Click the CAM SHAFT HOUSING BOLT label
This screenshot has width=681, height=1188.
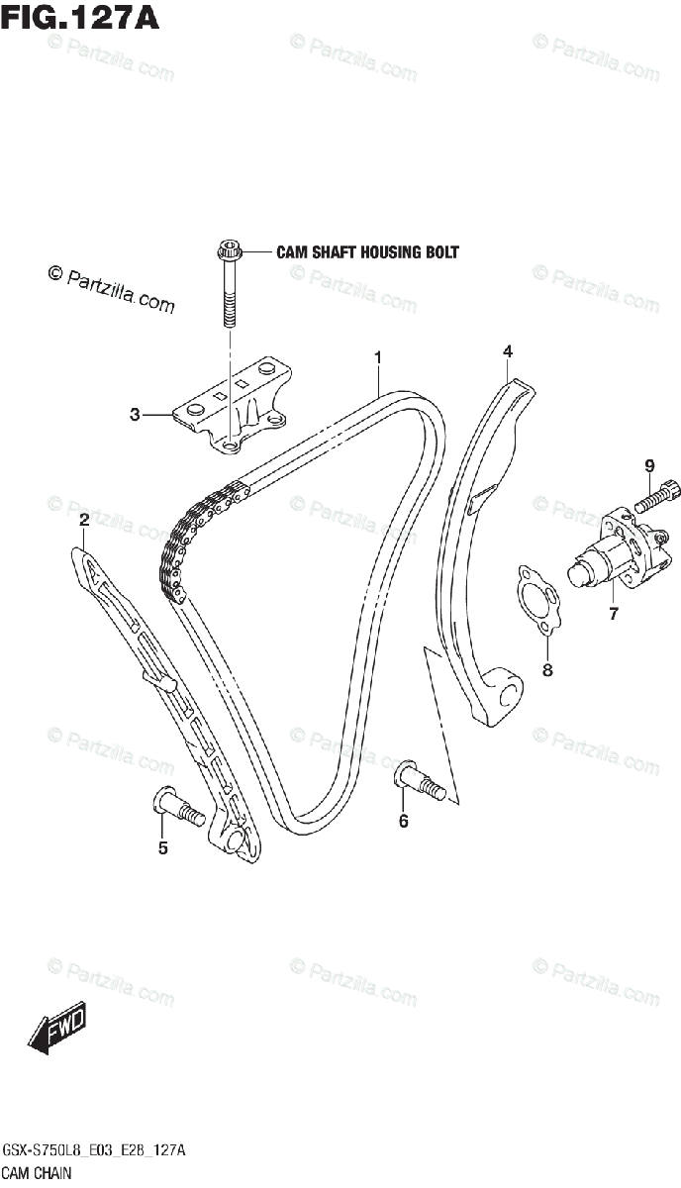367,252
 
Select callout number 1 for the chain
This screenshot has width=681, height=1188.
377,356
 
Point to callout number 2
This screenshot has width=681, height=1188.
84,520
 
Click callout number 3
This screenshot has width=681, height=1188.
135,416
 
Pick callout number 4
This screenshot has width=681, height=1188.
507,351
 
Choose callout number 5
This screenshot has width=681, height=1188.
163,847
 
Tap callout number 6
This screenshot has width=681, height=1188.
403,820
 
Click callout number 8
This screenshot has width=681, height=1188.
547,670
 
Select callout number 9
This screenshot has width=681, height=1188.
650,464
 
